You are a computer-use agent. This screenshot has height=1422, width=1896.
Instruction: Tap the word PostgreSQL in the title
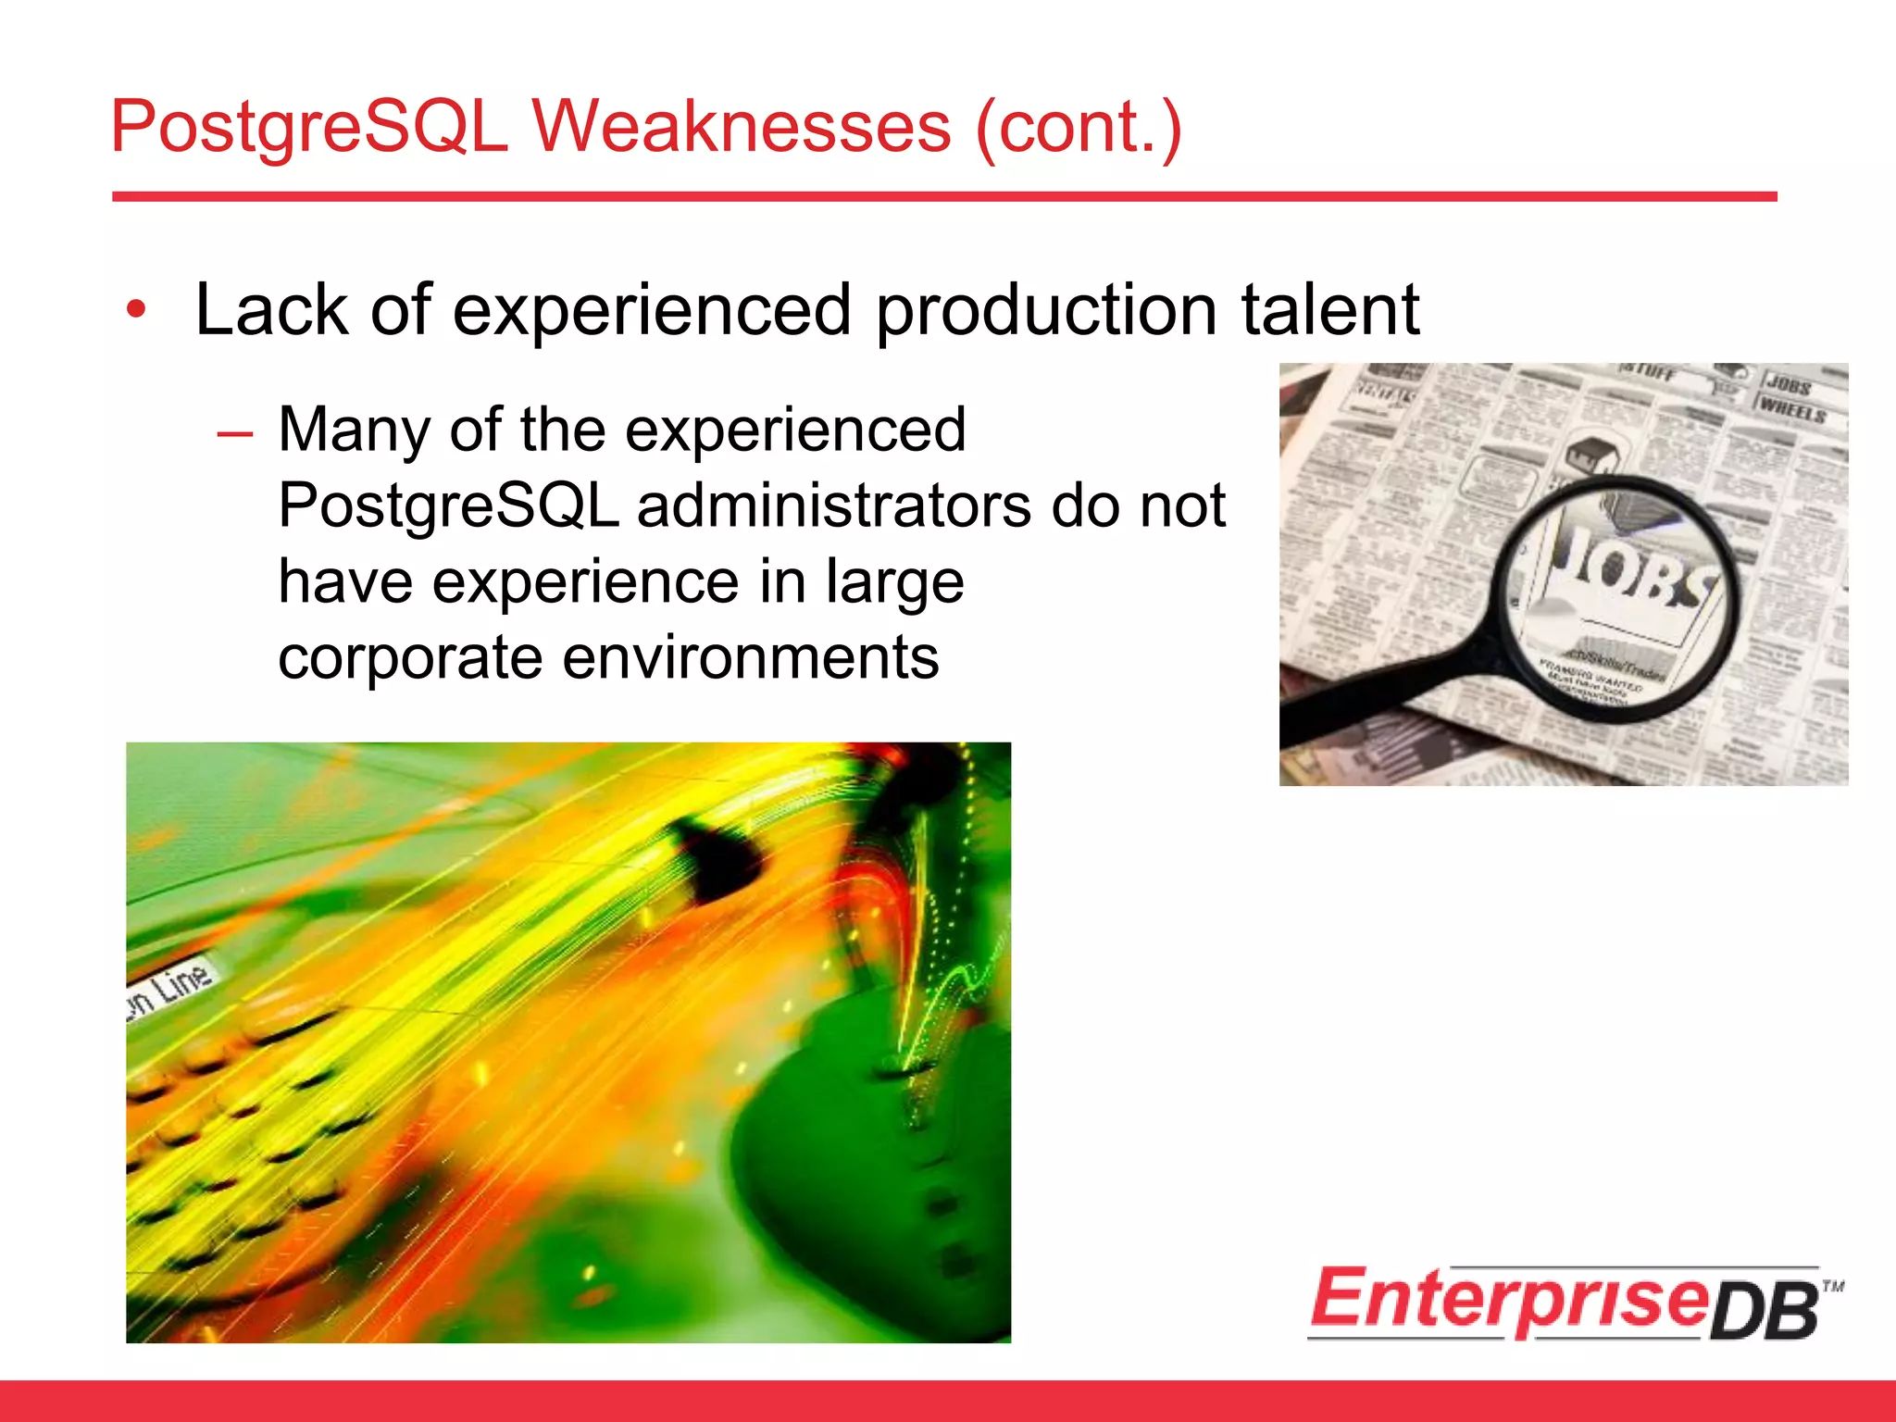click(x=309, y=127)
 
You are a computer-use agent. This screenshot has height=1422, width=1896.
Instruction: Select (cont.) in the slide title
click(x=1079, y=127)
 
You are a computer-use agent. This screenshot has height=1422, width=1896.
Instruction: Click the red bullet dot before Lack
click(x=136, y=310)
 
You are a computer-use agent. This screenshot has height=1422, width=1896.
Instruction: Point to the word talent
click(x=1329, y=310)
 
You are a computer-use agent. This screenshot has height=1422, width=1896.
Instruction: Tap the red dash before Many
click(x=235, y=433)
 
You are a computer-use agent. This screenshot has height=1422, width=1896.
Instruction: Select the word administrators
click(x=833, y=506)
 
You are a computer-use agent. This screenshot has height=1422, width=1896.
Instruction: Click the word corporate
click(x=409, y=659)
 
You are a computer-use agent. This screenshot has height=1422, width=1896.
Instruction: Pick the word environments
click(x=751, y=657)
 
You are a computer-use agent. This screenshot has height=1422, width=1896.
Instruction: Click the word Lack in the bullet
click(x=270, y=310)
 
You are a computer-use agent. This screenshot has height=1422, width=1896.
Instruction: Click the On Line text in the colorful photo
click(x=171, y=992)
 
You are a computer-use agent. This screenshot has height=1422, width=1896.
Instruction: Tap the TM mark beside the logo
click(x=1833, y=1286)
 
